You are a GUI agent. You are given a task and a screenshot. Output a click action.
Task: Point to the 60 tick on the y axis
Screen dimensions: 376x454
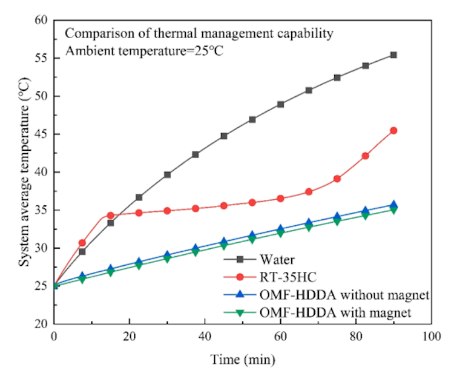click(x=41, y=20)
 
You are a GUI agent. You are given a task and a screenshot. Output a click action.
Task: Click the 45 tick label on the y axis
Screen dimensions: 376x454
click(x=41, y=134)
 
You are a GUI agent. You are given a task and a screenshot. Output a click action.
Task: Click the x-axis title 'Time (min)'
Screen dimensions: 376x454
click(x=243, y=359)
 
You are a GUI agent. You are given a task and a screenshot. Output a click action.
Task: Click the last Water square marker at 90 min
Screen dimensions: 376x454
click(x=393, y=55)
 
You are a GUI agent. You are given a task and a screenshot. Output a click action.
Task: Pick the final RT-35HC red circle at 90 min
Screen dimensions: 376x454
click(x=393, y=130)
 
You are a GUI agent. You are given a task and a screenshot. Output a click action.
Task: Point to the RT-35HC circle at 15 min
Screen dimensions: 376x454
click(x=111, y=215)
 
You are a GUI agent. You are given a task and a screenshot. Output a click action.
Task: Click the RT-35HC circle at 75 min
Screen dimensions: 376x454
click(x=337, y=179)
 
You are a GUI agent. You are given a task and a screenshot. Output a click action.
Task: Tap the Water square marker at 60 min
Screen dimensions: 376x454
click(x=280, y=104)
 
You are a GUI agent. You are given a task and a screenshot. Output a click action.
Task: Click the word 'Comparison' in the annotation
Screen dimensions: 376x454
click(x=97, y=33)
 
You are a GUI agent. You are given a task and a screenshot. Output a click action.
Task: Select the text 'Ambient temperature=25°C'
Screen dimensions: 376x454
click(x=145, y=51)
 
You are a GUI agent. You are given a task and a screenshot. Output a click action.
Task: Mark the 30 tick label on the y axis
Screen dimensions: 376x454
click(x=41, y=248)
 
